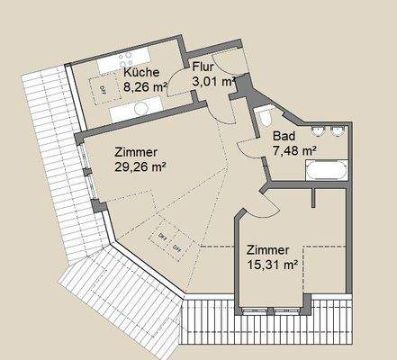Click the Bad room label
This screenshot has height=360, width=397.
click(284, 137)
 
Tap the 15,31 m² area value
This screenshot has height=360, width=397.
click(272, 265)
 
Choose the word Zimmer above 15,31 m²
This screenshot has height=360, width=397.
click(266, 250)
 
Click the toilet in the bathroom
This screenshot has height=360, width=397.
click(265, 118)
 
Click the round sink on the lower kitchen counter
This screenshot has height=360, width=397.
click(141, 107)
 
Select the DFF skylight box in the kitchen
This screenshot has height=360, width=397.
click(103, 88)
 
